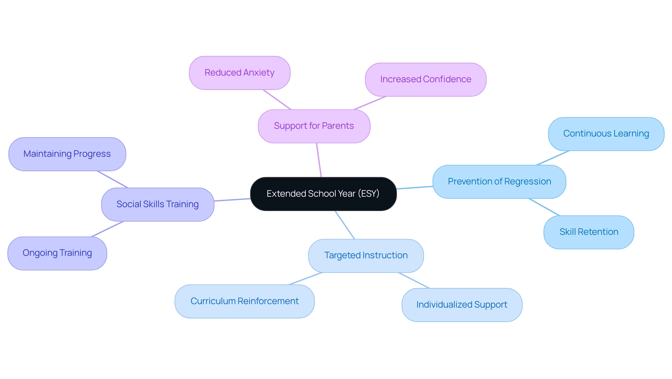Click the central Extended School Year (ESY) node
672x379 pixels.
[x=323, y=194]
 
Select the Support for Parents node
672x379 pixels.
[x=314, y=126]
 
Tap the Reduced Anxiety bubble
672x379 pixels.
[x=239, y=73]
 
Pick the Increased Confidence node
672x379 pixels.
[x=426, y=79]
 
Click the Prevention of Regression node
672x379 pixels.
[x=499, y=182]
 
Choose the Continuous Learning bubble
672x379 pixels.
[x=606, y=134]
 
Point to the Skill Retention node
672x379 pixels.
[x=589, y=232]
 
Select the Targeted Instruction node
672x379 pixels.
[x=366, y=255]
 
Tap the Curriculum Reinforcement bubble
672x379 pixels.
[x=244, y=301]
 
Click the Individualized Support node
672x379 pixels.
[x=462, y=305]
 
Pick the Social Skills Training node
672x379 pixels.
[x=157, y=204]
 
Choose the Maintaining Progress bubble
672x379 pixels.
[x=67, y=154]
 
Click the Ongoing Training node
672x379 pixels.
[x=57, y=253]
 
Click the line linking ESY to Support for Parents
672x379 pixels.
[x=319, y=160]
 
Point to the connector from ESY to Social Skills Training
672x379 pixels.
[x=232, y=200]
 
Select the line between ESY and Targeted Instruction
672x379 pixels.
[x=345, y=225]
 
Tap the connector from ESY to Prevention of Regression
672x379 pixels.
[x=415, y=188]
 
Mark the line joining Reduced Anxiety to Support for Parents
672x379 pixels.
[x=277, y=100]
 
